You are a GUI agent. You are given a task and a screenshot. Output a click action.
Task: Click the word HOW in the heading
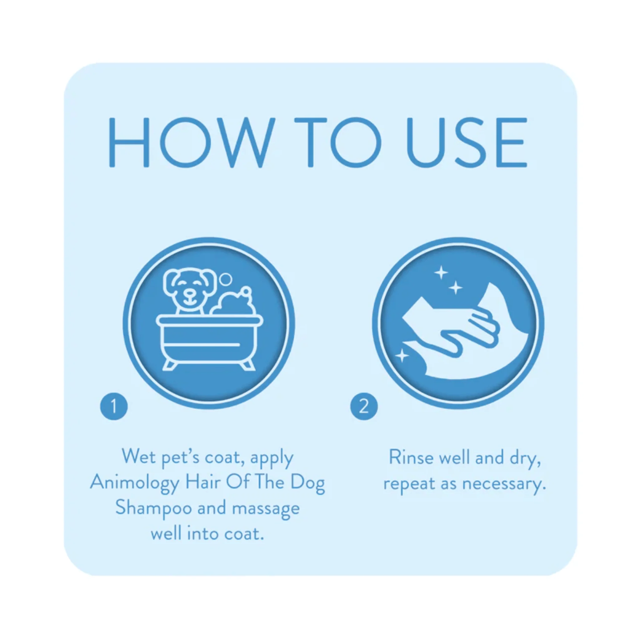(192, 142)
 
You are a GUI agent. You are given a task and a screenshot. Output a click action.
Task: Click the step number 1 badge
(114, 406)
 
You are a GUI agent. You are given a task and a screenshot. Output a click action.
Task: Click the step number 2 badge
(364, 406)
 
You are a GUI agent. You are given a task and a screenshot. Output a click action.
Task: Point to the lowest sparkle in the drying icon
(402, 356)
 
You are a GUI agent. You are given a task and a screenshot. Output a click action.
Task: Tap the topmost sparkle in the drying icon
(441, 273)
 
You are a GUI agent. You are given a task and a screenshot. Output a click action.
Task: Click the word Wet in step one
(139, 456)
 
